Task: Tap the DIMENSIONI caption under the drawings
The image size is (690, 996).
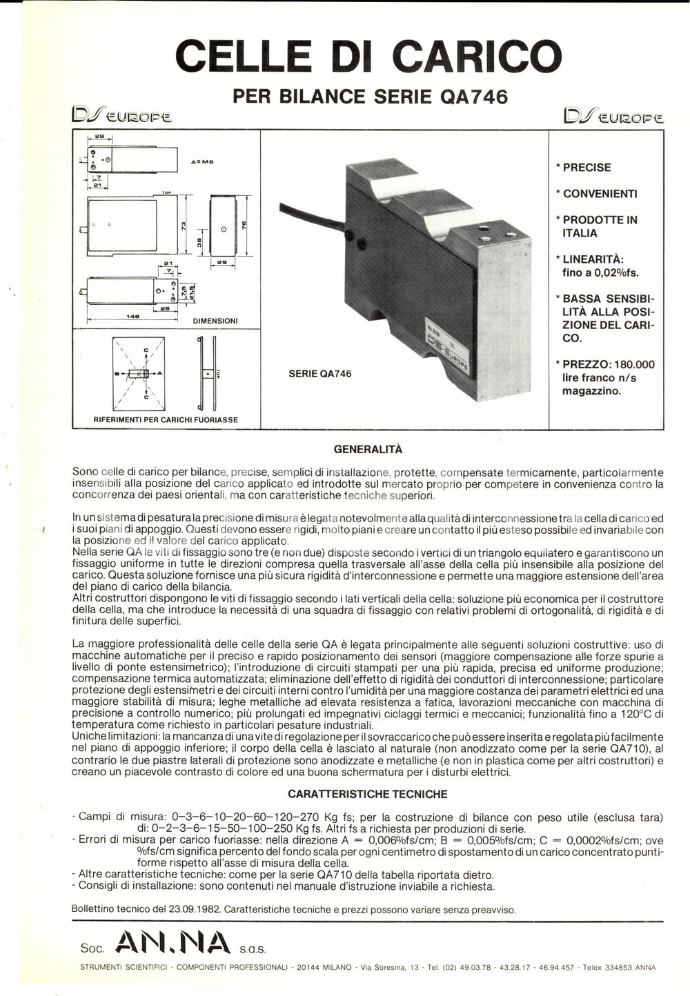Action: click(215, 321)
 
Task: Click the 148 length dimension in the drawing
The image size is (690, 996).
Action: click(133, 317)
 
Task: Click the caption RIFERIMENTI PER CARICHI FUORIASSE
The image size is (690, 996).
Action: click(166, 419)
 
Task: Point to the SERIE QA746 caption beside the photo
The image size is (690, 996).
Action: click(319, 374)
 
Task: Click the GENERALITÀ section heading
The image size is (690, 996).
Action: click(368, 449)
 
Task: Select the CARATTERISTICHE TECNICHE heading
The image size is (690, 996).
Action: click(367, 795)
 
